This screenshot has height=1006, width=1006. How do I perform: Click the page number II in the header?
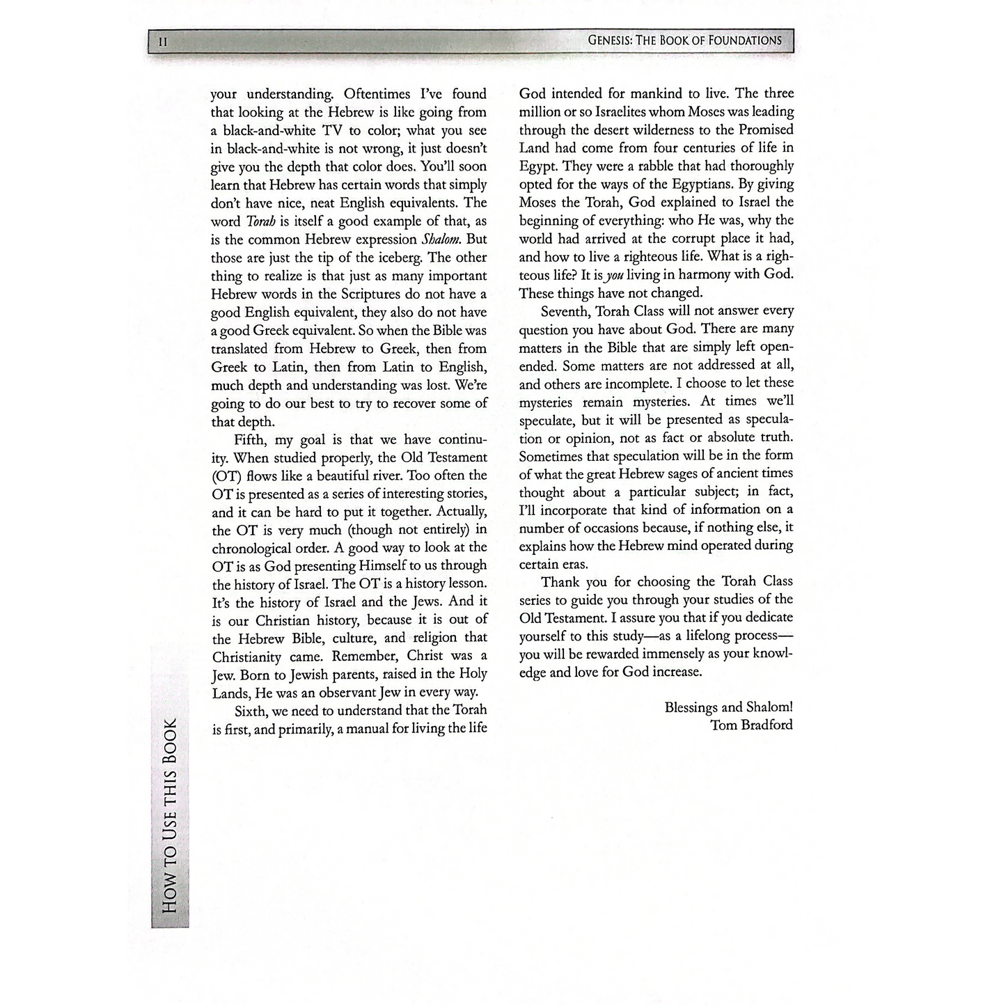[163, 42]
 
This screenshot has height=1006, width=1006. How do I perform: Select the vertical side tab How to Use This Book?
[169, 815]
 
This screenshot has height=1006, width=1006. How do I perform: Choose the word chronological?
[256, 548]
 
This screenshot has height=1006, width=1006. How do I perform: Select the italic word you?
[615, 275]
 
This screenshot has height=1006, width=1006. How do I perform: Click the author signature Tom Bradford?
[751, 725]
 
